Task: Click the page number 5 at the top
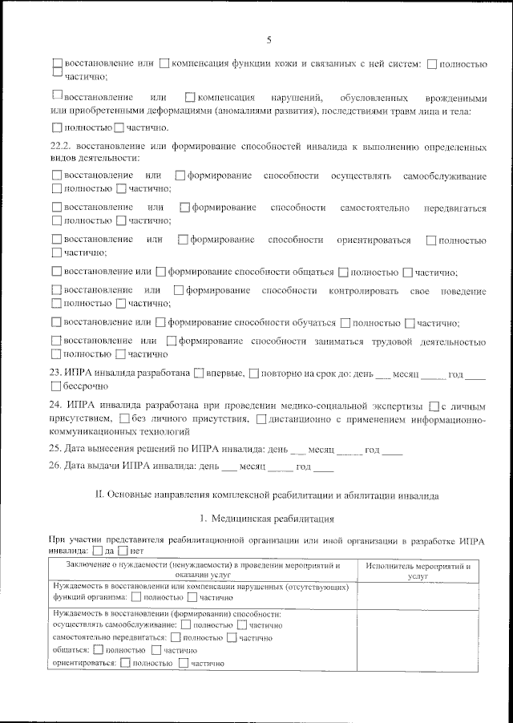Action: [x=269, y=39]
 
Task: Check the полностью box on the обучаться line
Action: [x=345, y=323]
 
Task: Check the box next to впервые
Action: [x=198, y=374]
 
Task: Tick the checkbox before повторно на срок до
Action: [x=253, y=374]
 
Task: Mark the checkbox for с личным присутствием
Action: [x=434, y=406]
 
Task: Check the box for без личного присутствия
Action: [x=123, y=418]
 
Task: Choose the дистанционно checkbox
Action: [x=261, y=418]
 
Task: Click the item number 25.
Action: [x=56, y=450]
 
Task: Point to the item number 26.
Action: [x=56, y=467]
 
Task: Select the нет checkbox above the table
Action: [x=122, y=551]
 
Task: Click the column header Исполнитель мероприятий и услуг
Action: [x=417, y=571]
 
